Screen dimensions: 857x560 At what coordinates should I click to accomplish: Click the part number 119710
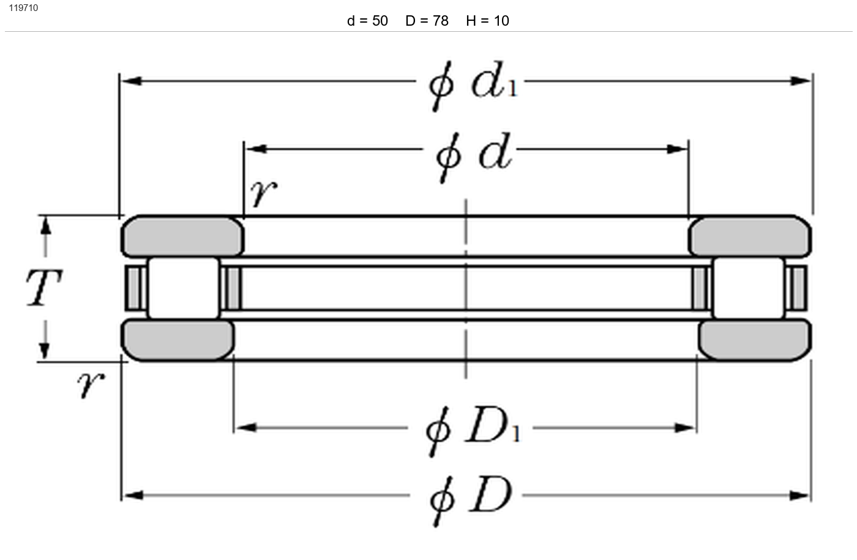(x=23, y=8)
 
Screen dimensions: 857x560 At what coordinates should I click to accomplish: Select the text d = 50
(x=367, y=21)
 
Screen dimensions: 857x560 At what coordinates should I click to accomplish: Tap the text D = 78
(x=427, y=21)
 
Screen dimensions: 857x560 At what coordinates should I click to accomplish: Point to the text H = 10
(x=487, y=21)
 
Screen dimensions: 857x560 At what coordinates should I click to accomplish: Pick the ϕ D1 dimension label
(x=473, y=431)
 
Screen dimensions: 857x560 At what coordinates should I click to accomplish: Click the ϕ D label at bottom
(x=471, y=501)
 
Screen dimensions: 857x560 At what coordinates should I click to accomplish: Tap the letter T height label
(x=44, y=287)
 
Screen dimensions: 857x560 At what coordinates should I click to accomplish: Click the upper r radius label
(x=264, y=193)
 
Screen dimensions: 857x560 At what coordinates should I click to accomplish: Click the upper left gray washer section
(x=182, y=236)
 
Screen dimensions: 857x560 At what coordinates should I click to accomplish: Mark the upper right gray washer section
(x=749, y=236)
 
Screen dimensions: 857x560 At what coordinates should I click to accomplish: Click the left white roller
(x=184, y=288)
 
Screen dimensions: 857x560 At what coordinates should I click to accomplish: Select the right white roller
(x=748, y=288)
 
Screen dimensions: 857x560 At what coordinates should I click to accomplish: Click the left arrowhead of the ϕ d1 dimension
(x=131, y=81)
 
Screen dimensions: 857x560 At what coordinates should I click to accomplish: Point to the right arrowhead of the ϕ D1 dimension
(x=685, y=428)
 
